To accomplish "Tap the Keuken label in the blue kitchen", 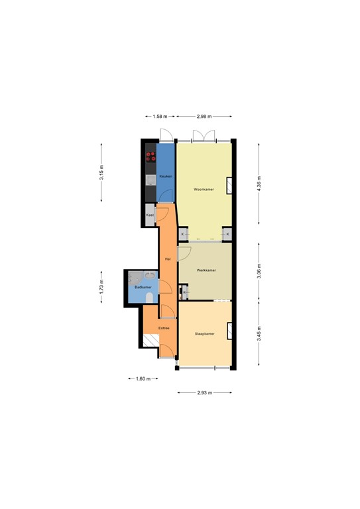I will [166, 177].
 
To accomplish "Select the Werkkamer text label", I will [206, 270].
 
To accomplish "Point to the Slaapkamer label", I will [205, 333].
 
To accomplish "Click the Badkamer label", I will [143, 287].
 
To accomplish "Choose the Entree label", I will [164, 327].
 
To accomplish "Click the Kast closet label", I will [150, 215].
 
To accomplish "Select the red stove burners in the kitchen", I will [150, 157].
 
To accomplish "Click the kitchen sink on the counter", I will [150, 179].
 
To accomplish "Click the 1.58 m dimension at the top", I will [159, 117].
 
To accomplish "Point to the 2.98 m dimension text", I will [204, 117].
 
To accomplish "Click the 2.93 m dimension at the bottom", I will [204, 393].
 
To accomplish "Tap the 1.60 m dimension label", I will [143, 379].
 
